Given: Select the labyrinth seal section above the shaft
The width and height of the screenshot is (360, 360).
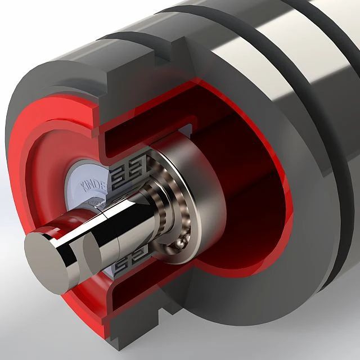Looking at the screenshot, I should click(128, 169).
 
